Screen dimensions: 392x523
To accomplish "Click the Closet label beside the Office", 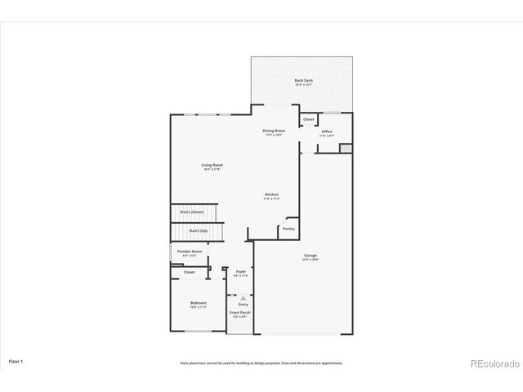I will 308,119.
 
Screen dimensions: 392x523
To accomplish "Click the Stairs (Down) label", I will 192,212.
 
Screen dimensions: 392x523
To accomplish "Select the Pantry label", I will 288,229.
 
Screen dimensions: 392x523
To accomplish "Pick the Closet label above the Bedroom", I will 189,272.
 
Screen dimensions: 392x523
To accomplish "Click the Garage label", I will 311,256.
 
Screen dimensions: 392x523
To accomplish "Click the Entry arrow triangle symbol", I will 243,298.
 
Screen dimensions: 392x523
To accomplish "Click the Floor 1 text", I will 16,360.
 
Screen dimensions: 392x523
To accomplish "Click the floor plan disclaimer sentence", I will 261,363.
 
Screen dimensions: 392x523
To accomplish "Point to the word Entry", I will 243,305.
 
